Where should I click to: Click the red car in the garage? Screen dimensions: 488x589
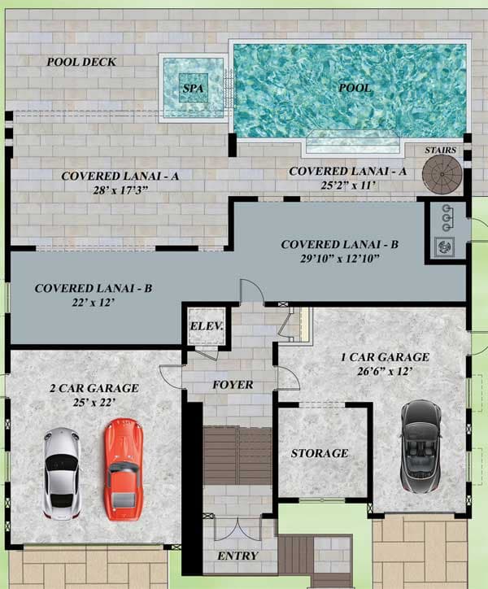(x=124, y=469)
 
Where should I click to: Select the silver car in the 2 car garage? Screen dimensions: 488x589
(x=62, y=473)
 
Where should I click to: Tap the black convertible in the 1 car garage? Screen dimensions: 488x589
(x=420, y=446)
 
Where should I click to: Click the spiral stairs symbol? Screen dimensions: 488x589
(x=442, y=174)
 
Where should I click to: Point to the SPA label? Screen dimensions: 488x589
(x=193, y=89)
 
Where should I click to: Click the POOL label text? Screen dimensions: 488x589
(x=355, y=88)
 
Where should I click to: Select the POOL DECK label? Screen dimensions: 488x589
(x=81, y=62)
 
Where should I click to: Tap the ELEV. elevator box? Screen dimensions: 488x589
(x=207, y=326)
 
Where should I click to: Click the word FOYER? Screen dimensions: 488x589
(x=233, y=385)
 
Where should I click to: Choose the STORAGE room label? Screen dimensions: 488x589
(x=320, y=453)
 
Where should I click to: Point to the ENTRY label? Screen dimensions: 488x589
(x=237, y=556)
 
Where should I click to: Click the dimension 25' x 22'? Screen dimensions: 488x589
(x=94, y=403)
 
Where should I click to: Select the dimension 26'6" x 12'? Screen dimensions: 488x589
(x=385, y=371)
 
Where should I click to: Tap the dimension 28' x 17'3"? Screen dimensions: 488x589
(x=120, y=190)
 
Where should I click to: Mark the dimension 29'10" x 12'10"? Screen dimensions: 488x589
(x=339, y=259)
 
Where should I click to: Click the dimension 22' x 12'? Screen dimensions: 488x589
(x=94, y=302)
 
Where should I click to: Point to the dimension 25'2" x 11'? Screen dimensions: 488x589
(x=348, y=185)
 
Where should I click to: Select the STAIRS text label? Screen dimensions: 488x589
(x=440, y=151)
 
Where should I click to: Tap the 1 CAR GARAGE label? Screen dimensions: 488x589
(x=385, y=357)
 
